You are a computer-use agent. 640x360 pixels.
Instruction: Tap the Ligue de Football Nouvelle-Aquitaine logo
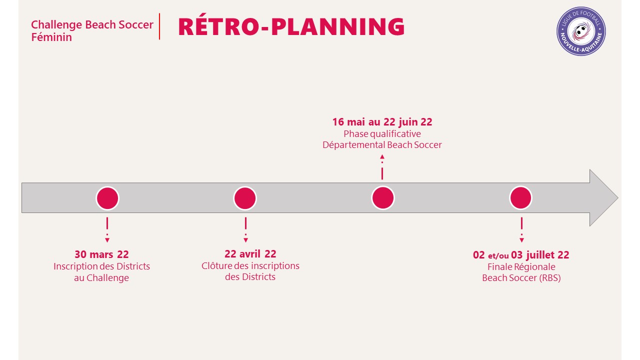pyautogui.click(x=581, y=31)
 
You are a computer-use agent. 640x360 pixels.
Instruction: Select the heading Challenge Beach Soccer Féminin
pyautogui.click(x=92, y=31)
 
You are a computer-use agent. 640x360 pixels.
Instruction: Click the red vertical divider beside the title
pyautogui.click(x=159, y=26)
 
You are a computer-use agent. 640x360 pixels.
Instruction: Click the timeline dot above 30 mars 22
pyautogui.click(x=107, y=198)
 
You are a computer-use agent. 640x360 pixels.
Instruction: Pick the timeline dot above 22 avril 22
pyautogui.click(x=245, y=198)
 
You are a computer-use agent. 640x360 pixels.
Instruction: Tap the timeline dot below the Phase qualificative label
pyautogui.click(x=383, y=197)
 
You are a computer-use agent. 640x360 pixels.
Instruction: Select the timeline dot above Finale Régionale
pyautogui.click(x=520, y=197)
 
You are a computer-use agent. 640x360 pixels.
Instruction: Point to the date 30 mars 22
pyautogui.click(x=101, y=254)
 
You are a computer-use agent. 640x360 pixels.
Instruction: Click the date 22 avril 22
pyautogui.click(x=250, y=253)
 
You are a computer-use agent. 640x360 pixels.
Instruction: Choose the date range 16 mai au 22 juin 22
pyautogui.click(x=382, y=122)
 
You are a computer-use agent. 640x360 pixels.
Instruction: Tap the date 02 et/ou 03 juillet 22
pyautogui.click(x=521, y=255)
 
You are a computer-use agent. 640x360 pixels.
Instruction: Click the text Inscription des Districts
pyautogui.click(x=101, y=266)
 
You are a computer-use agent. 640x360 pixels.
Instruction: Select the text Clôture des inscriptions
pyautogui.click(x=250, y=265)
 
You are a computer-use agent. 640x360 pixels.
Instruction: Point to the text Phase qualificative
pyautogui.click(x=382, y=133)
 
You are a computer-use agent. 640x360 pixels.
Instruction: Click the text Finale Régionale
pyautogui.click(x=521, y=267)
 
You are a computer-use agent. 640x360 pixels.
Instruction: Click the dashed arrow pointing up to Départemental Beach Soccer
pyautogui.click(x=382, y=167)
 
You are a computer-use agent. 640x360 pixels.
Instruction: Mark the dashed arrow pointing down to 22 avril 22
pyautogui.click(x=245, y=230)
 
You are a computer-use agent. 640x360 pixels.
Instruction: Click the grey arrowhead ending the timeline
pyautogui.click(x=603, y=197)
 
